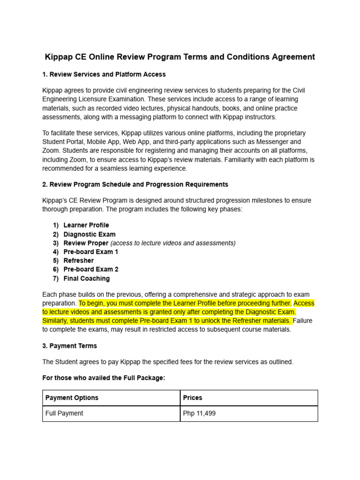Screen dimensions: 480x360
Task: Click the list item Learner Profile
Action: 86,225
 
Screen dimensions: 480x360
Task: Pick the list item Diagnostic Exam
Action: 90,234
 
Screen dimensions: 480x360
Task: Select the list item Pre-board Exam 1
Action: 91,252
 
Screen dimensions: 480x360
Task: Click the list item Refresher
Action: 79,261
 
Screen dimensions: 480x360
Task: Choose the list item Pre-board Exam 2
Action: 91,270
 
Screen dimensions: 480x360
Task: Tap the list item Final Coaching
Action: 87,278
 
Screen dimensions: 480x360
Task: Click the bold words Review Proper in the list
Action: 86,243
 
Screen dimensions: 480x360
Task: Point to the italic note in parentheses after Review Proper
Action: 173,243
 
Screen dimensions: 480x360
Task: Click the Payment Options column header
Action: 72,397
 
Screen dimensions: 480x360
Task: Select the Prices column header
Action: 193,397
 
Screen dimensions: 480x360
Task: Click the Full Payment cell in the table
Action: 64,413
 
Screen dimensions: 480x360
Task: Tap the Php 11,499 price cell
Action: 199,413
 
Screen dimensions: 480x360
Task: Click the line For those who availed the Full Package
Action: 104,378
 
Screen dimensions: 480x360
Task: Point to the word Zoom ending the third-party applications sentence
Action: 51,150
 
